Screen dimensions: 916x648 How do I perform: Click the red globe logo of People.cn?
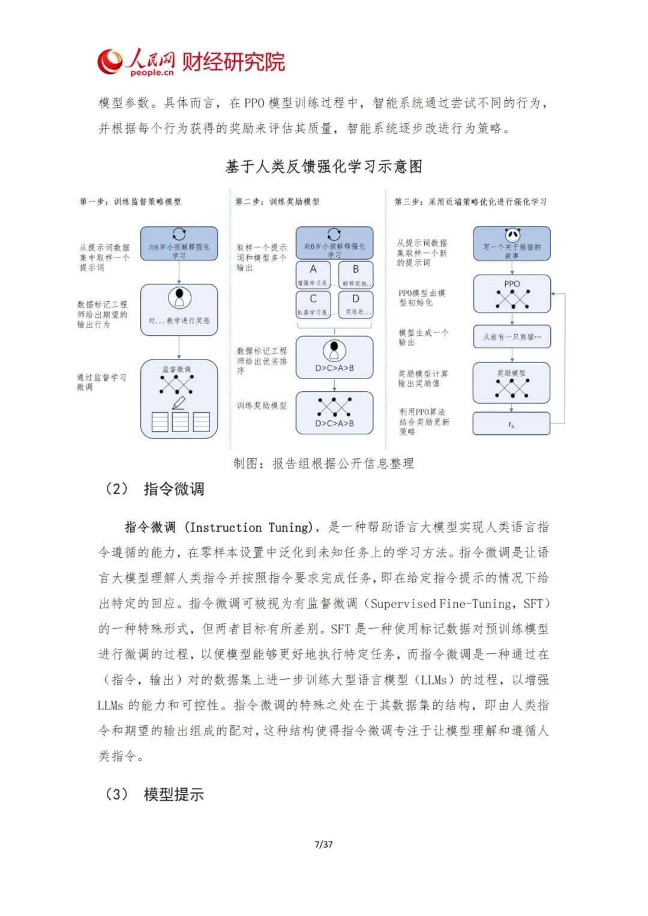pos(110,62)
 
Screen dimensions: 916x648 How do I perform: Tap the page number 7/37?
pos(323,845)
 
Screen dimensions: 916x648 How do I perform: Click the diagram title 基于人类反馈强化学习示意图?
pos(324,166)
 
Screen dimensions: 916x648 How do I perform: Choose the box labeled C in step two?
pos(313,304)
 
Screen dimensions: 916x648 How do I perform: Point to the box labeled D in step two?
pos(356,304)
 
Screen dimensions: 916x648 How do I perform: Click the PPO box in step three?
pos(512,293)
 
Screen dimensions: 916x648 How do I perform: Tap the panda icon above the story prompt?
pos(512,235)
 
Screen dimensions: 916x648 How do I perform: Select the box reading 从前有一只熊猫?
pos(512,337)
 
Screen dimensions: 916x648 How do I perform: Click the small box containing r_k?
pos(512,424)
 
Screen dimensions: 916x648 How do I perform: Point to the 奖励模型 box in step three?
pos(512,383)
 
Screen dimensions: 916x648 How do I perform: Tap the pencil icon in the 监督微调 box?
pos(179,403)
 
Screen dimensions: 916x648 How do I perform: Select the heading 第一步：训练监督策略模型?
pos(130,202)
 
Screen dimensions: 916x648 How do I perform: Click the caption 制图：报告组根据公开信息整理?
pos(324,463)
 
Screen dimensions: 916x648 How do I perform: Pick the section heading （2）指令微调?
pos(155,489)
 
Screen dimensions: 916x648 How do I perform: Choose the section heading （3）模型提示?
pos(155,795)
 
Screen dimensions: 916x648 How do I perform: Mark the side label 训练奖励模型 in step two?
pos(262,406)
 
